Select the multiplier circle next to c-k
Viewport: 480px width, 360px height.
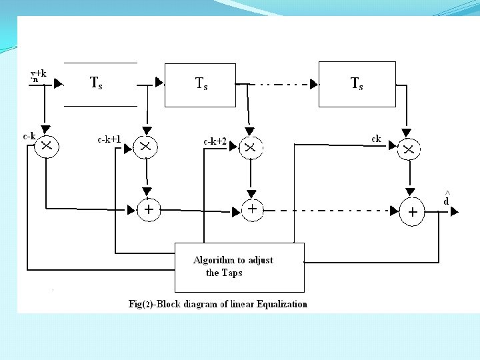[46, 145]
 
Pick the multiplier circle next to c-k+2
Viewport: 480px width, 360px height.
[250, 148]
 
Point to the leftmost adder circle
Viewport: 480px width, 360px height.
[147, 210]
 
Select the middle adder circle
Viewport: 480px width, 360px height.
[252, 209]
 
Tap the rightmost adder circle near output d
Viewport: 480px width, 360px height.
[413, 211]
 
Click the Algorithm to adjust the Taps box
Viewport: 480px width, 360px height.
[239, 267]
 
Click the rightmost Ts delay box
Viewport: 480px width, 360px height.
[357, 84]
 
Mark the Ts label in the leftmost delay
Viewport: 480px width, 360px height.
[97, 83]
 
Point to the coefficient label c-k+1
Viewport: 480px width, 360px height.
[109, 139]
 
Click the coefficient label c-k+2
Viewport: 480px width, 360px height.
[215, 141]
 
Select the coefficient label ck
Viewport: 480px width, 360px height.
[376, 139]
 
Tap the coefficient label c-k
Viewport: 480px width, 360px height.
[29, 136]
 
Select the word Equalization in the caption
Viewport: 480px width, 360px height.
[281, 304]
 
